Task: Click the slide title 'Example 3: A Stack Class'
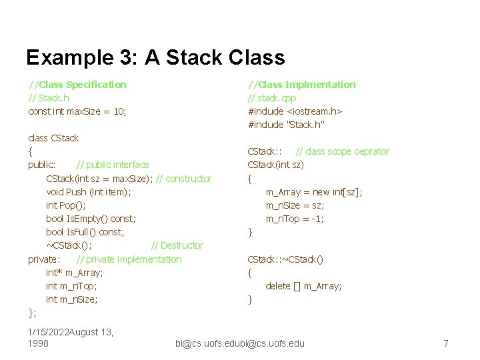[155, 57]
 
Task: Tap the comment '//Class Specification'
[77, 85]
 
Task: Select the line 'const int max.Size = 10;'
[77, 111]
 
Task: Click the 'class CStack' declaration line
[53, 138]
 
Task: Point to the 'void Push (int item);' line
[89, 192]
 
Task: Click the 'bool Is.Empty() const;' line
[91, 219]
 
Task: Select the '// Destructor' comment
[177, 245]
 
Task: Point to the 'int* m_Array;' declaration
[75, 273]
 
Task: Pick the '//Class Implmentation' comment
[302, 85]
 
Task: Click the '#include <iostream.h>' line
[295, 111]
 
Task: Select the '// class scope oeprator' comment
[342, 151]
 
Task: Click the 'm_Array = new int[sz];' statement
[314, 192]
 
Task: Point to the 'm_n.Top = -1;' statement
[295, 219]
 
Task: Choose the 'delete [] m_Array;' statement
[303, 286]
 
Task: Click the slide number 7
[446, 343]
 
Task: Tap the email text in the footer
[239, 343]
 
